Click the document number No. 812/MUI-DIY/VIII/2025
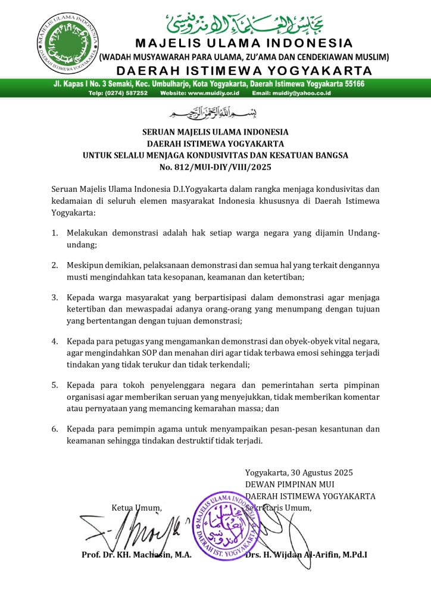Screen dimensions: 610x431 pyautogui.click(x=215, y=167)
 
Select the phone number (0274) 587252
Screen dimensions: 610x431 pyautogui.click(x=129, y=93)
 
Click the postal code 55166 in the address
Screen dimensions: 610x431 pyautogui.click(x=352, y=84)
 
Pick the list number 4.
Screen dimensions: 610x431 pyautogui.click(x=55, y=341)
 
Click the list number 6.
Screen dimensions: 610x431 pyautogui.click(x=55, y=429)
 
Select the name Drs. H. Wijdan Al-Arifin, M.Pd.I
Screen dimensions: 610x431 pyautogui.click(x=306, y=555)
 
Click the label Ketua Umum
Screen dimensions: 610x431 pyautogui.click(x=137, y=508)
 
